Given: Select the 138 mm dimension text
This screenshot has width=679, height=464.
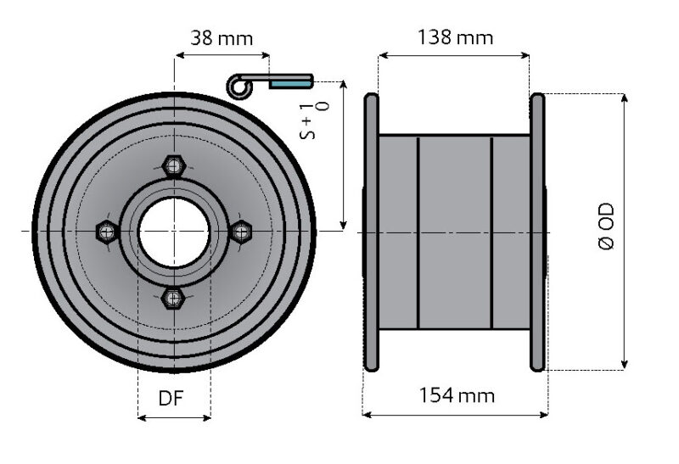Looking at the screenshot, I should tap(456, 37).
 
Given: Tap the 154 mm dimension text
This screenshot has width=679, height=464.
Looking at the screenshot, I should tap(456, 395).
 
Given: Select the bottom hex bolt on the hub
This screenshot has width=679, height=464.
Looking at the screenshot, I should tap(174, 297).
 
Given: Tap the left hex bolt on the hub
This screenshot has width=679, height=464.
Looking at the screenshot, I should tap(107, 231).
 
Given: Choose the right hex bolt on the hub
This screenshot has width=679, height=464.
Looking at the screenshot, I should tap(241, 231).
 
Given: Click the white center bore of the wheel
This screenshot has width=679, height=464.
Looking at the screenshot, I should tap(174, 231).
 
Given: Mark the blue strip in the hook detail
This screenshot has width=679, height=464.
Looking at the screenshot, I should tap(290, 83).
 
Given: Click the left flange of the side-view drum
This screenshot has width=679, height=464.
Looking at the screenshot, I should tap(371, 232).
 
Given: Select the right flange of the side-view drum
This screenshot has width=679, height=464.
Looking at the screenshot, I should tap(537, 232).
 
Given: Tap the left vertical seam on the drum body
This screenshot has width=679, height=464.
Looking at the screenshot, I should tap(418, 231).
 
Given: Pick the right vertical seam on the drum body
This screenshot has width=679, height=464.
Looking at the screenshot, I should tap(492, 231).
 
